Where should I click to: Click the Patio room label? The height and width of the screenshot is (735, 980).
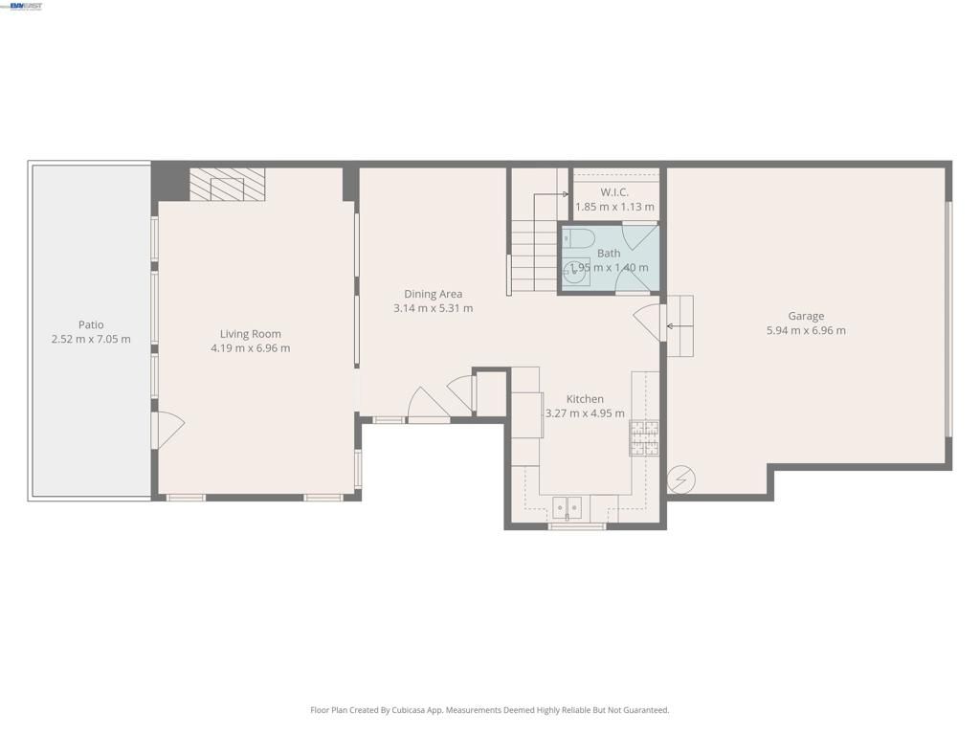coord(91,324)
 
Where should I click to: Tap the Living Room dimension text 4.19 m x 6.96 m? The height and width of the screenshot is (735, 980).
coord(250,348)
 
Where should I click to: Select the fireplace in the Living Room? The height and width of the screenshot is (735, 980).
coord(227,185)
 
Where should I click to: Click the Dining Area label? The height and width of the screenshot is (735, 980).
coord(433,294)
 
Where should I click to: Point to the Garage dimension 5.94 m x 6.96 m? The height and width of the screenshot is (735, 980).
coord(806,331)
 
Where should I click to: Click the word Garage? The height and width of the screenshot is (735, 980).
coord(806,316)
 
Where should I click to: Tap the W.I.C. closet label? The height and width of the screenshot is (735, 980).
coord(614,192)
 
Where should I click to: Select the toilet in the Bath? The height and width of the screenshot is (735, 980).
coord(578,236)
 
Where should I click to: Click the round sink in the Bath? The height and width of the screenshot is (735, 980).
coord(576,273)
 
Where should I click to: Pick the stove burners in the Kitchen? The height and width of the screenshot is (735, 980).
coord(643,437)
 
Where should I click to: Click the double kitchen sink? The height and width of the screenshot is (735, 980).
coord(567,507)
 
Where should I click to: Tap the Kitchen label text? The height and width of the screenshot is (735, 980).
coord(585,399)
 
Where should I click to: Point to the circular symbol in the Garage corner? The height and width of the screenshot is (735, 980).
coord(681,479)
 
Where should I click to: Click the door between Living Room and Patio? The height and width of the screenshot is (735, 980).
coord(167,430)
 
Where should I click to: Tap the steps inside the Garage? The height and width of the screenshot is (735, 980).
coord(679,326)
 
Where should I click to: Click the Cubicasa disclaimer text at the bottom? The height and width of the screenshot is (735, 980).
coord(490,710)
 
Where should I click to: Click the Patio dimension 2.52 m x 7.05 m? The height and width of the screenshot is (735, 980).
coord(91,340)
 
